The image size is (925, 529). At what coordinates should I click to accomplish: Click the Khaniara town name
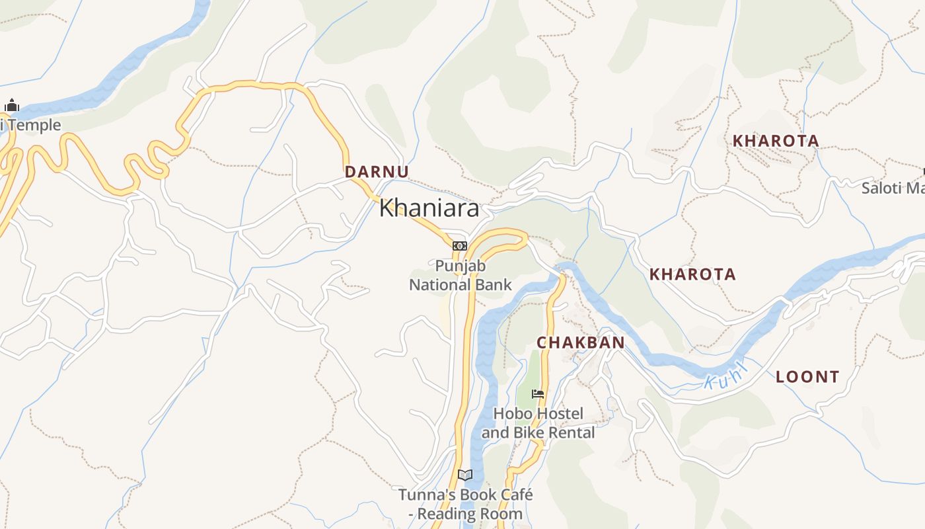pos(429,209)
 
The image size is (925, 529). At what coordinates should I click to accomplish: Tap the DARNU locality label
pos(377,172)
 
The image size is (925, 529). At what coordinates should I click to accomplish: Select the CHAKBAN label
pos(580,343)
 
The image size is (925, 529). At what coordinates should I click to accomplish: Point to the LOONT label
pos(807,378)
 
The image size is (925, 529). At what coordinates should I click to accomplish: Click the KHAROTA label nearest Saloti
pos(776,141)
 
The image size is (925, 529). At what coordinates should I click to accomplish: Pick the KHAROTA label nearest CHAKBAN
pos(692,274)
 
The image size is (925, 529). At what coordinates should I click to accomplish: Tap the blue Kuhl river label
pos(725,374)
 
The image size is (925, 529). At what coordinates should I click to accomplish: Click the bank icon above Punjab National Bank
pos(459,246)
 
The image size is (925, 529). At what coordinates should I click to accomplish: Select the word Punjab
pos(460,266)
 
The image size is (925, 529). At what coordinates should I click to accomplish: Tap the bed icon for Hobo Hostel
pos(538,394)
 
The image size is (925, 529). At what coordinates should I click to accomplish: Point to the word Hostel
pos(560,414)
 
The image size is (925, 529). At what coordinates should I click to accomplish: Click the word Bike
pos(528,433)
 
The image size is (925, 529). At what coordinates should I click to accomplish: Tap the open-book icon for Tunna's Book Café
pos(465,475)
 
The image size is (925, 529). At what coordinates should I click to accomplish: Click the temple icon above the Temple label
pos(12,105)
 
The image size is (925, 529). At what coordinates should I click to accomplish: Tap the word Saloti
pos(881,188)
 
